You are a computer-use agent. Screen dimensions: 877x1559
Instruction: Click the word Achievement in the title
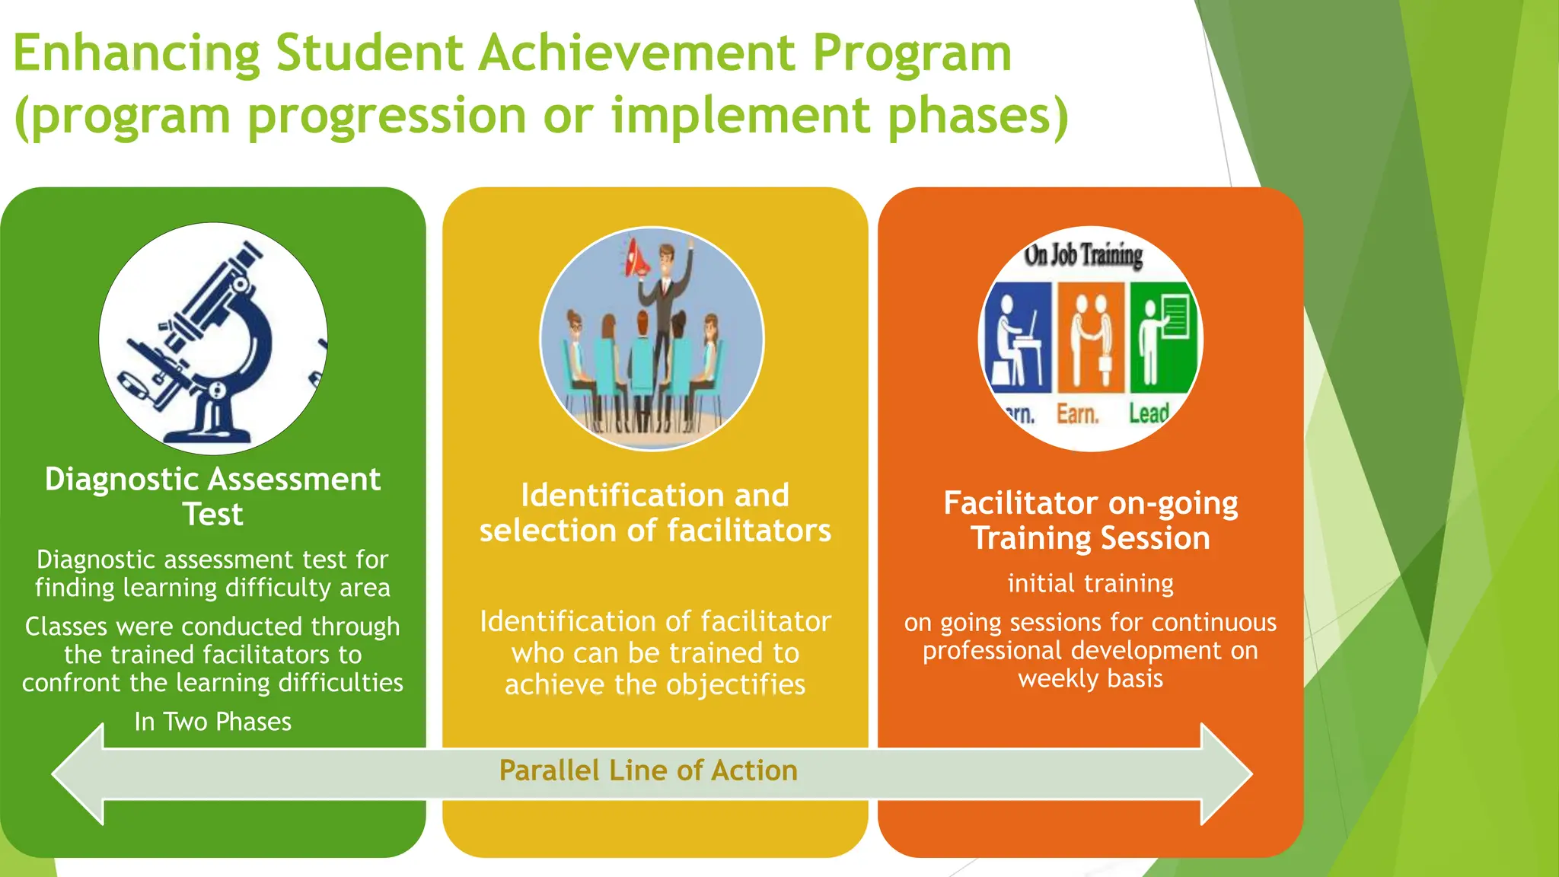point(638,53)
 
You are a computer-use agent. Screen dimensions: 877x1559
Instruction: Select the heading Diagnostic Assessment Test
point(212,496)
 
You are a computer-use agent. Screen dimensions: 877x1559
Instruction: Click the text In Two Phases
point(212,722)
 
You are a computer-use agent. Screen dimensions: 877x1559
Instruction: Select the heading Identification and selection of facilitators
point(655,512)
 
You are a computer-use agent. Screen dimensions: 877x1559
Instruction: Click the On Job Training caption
point(1083,255)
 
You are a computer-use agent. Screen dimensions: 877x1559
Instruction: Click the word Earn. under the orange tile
point(1077,415)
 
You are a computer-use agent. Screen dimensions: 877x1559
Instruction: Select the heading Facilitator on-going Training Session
point(1090,520)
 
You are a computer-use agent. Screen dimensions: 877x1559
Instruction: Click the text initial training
point(1090,583)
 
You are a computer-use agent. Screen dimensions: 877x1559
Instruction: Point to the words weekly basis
point(1090,678)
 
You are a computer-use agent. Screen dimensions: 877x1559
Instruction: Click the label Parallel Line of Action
point(648,770)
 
